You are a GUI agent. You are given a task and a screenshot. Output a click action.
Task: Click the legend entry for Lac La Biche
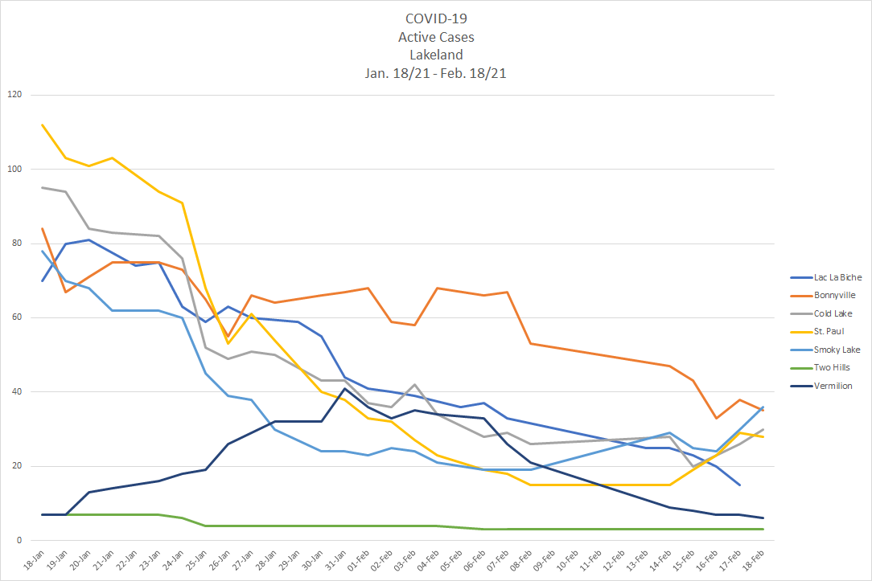825,277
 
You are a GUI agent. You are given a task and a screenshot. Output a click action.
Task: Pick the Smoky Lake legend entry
825,350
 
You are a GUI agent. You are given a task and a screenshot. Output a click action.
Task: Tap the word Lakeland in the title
435,55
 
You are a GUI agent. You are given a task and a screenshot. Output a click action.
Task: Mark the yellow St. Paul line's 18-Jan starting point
42,125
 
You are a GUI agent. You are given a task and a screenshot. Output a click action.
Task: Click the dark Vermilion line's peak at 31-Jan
344,388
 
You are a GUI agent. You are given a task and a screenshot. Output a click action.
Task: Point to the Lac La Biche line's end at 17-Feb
739,485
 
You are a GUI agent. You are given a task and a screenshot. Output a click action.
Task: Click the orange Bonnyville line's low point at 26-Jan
228,336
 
